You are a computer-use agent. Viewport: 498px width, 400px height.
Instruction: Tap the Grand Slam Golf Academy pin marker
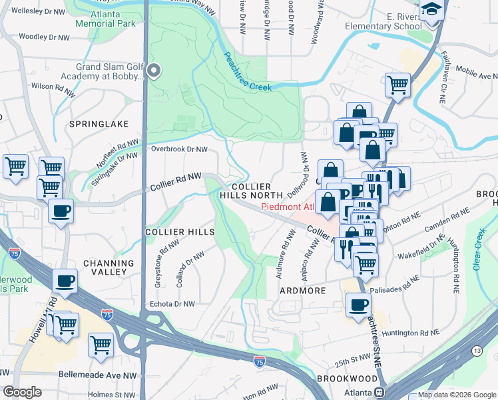click(x=154, y=70)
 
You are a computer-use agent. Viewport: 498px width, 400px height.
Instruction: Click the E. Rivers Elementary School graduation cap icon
click(x=432, y=10)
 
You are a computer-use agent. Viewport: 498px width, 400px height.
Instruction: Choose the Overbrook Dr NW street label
click(x=180, y=149)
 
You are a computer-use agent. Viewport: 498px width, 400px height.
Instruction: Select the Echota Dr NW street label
click(x=170, y=303)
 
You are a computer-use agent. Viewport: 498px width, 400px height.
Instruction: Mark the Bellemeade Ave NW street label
click(x=97, y=375)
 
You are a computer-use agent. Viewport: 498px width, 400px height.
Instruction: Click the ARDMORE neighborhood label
click(x=302, y=291)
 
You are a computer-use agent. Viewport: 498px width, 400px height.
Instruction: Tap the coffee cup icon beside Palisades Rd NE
click(x=358, y=304)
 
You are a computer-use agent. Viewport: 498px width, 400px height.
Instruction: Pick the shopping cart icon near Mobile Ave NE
click(x=397, y=85)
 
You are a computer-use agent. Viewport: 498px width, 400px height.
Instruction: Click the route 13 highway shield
click(x=477, y=351)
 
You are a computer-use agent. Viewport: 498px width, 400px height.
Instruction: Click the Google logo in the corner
click(x=22, y=392)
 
